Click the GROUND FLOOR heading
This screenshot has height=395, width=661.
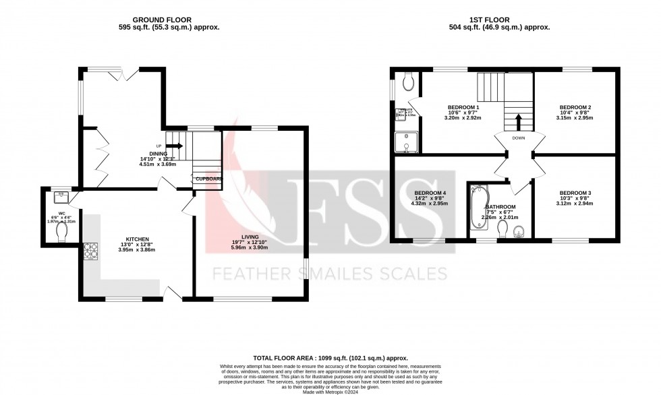pyautogui.click(x=159, y=20)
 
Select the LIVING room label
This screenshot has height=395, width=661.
pyautogui.click(x=250, y=238)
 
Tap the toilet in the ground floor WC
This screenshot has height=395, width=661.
pyautogui.click(x=63, y=232)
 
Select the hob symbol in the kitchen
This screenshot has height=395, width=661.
pyautogui.click(x=90, y=251)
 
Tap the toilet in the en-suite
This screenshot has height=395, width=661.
pyautogui.click(x=407, y=83)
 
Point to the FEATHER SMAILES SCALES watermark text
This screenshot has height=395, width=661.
pyautogui.click(x=330, y=274)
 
